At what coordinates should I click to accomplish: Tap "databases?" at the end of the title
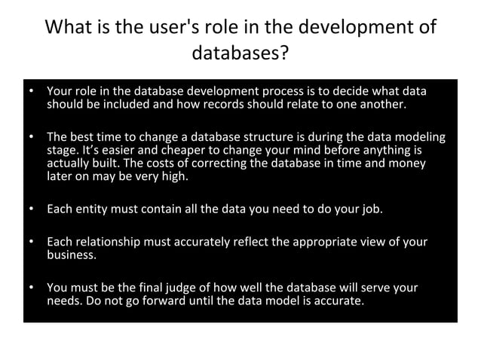tap(241, 54)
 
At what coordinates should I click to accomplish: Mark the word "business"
tap(71, 255)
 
